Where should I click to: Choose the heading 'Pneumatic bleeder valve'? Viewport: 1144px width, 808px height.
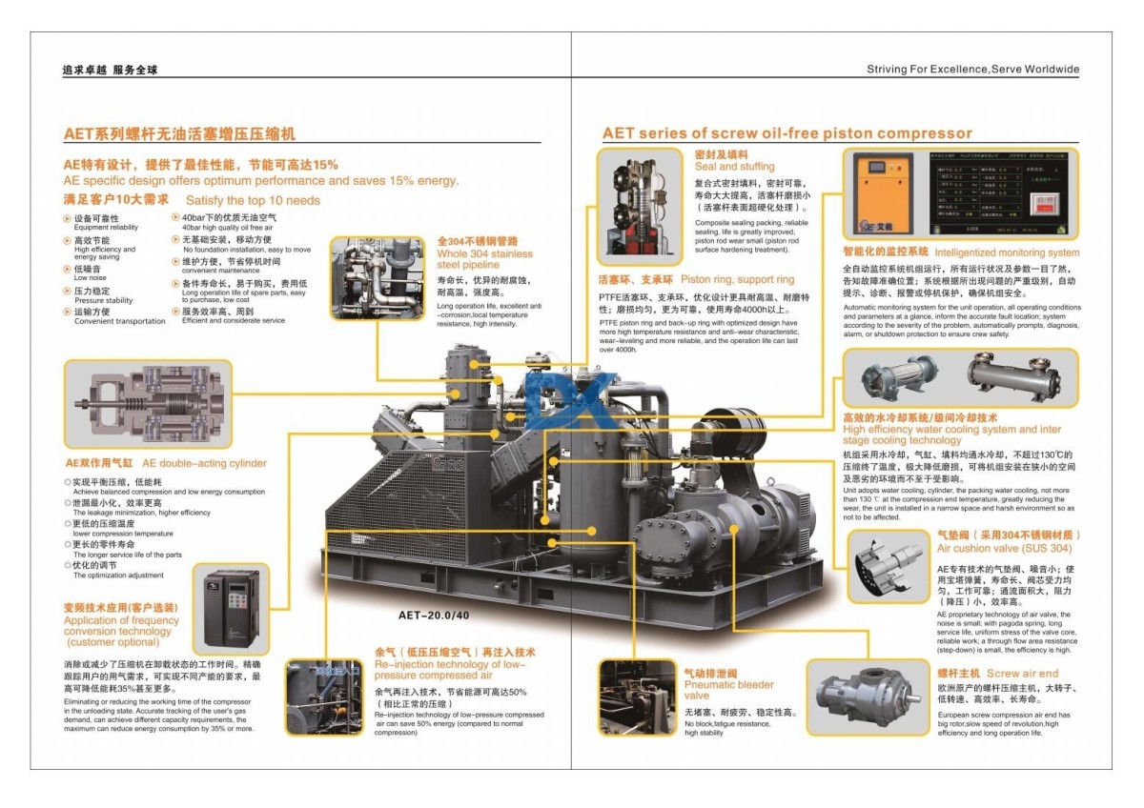tap(728, 690)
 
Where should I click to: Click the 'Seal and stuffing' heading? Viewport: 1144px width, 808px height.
tap(734, 167)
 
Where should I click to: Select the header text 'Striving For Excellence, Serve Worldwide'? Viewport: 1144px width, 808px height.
tap(972, 70)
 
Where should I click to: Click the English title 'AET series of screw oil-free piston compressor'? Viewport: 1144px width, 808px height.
tap(787, 133)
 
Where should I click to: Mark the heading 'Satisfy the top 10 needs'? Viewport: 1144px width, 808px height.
tap(253, 200)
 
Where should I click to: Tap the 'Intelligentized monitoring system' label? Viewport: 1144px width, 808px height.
tap(1007, 253)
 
